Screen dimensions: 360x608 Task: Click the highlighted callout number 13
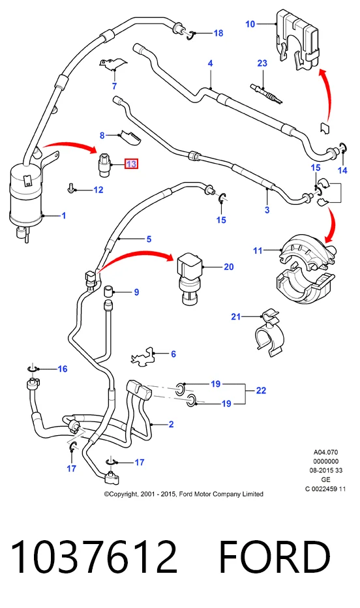point(131,164)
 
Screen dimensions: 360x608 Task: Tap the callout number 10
point(250,24)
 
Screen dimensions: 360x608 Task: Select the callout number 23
point(262,63)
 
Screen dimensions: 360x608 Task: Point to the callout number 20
point(229,267)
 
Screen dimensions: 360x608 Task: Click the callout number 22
point(261,391)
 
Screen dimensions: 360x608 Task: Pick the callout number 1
point(64,215)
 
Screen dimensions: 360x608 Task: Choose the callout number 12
point(98,190)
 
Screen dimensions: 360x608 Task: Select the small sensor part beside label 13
point(104,165)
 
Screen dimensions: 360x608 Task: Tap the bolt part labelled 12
point(71,188)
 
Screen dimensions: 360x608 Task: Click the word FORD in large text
point(275,557)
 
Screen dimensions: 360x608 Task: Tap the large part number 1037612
point(94,557)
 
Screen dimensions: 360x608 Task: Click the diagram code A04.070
point(325,452)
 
